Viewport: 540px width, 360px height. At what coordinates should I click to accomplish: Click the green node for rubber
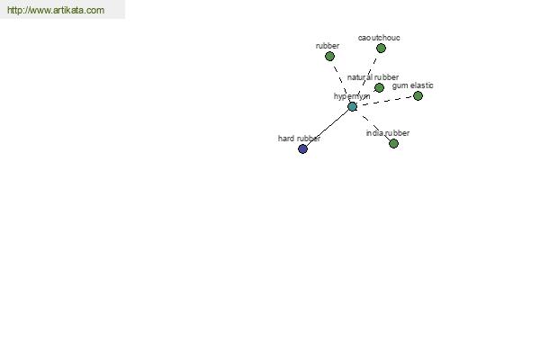pos(329,56)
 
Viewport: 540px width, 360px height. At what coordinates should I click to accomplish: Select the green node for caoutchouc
pos(381,49)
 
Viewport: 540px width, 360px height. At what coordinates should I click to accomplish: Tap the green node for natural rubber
pos(379,88)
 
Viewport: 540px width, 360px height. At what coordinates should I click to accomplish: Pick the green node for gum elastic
pos(418,95)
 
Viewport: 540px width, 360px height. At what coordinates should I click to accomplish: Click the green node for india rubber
pos(393,143)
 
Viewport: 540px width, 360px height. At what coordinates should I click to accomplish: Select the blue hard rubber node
pos(302,148)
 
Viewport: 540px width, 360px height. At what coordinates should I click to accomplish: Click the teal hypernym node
pos(352,106)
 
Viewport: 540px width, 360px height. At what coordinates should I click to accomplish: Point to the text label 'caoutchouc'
pos(379,38)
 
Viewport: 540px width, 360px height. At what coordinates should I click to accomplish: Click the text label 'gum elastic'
pos(412,85)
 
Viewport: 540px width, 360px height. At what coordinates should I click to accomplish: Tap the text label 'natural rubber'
pos(373,77)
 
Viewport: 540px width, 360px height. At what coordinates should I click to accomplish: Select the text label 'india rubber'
pos(388,133)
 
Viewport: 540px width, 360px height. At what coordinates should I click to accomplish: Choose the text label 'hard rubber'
pos(300,139)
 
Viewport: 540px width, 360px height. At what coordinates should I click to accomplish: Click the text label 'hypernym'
pos(352,96)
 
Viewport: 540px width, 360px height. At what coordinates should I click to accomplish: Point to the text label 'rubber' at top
pos(328,46)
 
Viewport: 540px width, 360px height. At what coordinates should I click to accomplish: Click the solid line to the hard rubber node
pos(328,128)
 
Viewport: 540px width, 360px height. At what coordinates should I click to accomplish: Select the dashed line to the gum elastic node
pos(385,102)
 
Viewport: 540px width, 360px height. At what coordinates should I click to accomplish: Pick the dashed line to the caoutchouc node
pos(367,77)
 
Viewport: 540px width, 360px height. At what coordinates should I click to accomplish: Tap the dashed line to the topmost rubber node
pos(341,81)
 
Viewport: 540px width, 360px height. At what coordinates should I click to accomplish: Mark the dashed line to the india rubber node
pos(373,125)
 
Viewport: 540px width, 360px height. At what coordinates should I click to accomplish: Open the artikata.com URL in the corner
pos(56,10)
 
